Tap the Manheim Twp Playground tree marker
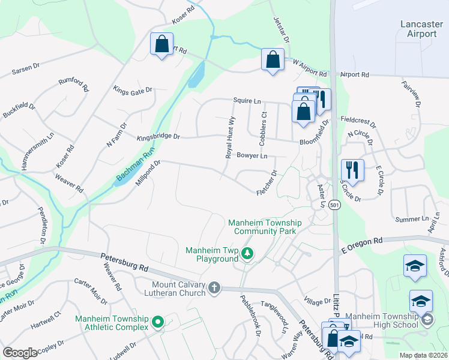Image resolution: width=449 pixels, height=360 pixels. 247,255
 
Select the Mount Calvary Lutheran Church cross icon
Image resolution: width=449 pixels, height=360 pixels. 214,289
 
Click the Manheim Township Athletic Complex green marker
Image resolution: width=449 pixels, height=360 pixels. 158,323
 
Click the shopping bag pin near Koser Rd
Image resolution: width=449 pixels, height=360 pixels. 161,44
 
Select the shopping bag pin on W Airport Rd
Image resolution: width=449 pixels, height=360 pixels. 273,60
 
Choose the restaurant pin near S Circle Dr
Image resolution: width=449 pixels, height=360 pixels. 352,170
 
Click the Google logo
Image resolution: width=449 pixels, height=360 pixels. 20,353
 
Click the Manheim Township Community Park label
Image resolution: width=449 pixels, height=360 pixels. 265,227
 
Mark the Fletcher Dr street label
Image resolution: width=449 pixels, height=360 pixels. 267,184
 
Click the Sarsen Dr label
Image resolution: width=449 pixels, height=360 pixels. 28,71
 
